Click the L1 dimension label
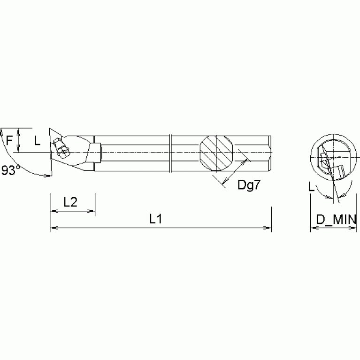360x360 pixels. tap(155, 219)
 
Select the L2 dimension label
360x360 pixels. tap(70, 202)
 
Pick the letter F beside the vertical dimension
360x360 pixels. tap(8, 139)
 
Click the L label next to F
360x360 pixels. tap(38, 139)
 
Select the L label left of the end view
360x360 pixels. tap(311, 187)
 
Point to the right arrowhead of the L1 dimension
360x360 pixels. tap(269, 229)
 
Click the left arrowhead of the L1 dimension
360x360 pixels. tap(53, 229)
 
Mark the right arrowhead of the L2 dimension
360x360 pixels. tap(92, 211)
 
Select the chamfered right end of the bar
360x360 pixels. tap(270, 153)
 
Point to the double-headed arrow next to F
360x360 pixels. tap(18, 140)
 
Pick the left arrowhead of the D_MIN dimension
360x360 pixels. tap(313, 229)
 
